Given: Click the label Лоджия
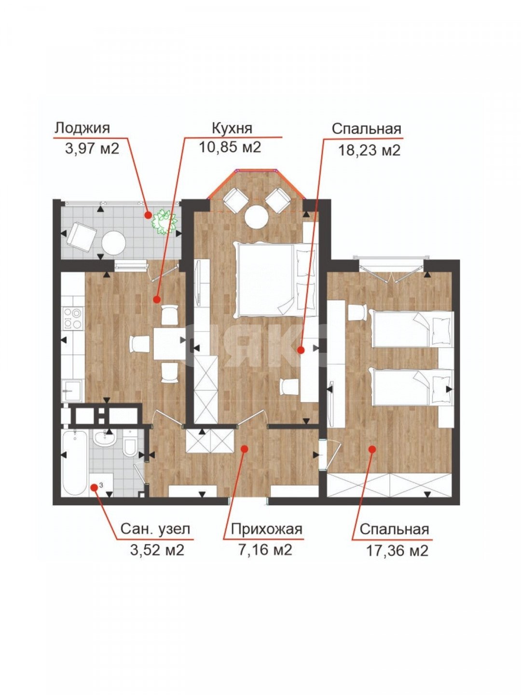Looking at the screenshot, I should (82, 128).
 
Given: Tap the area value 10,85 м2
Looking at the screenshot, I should (230, 147).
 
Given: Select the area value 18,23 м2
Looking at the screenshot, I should (369, 150).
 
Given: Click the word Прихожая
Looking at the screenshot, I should (266, 529).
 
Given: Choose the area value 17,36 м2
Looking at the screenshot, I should (397, 550).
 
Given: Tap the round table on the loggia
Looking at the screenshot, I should (113, 243).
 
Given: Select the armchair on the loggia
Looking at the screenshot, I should (82, 236).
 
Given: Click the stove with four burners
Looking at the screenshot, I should (72, 319).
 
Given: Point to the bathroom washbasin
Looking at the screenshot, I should (104, 439).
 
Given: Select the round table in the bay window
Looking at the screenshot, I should (256, 217).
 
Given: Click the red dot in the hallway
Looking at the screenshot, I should (244, 449).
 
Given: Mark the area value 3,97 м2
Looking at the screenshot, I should (92, 148).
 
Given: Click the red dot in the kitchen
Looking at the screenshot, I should (156, 300).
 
